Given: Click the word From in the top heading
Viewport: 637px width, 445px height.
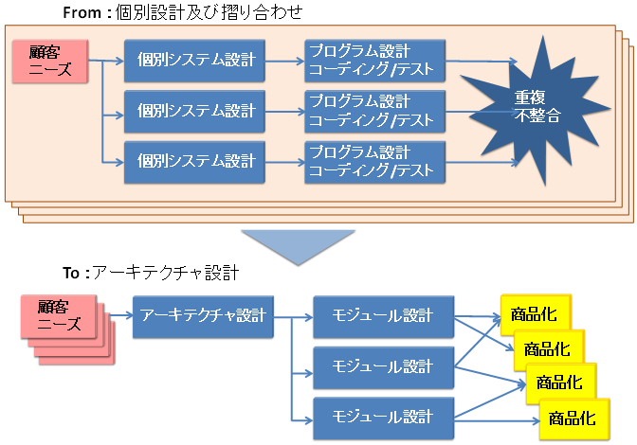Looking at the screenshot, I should (82, 12).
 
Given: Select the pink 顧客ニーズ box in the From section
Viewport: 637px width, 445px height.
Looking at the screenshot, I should (48, 62).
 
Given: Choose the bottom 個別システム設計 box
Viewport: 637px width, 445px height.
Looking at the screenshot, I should (196, 161).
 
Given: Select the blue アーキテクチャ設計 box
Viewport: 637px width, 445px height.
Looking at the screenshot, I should (203, 315).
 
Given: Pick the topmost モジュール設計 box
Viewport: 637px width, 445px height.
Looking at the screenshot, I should (382, 315).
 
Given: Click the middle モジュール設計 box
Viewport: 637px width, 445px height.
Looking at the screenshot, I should (382, 365).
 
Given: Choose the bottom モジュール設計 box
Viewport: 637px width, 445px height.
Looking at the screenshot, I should (382, 415).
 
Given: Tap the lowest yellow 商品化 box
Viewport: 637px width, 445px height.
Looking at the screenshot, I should (573, 418).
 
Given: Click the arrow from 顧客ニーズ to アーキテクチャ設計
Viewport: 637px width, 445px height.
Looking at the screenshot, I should (118, 315).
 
